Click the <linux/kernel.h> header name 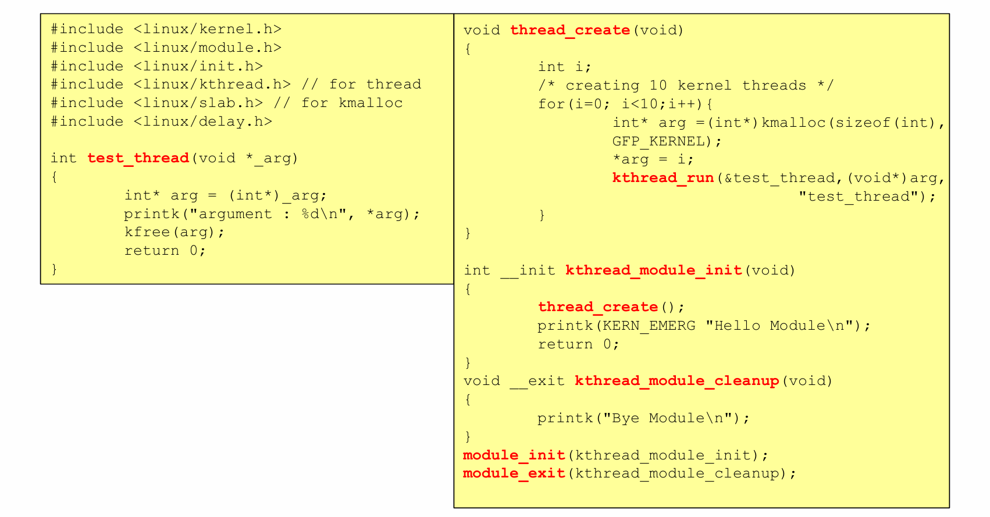(x=207, y=29)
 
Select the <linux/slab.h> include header (x=198, y=103)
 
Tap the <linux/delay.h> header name (x=202, y=122)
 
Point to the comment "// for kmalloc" (x=338, y=103)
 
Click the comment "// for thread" (x=361, y=84)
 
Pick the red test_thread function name (x=138, y=158)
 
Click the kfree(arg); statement (x=174, y=232)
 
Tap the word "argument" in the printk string (x=235, y=214)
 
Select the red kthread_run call (x=663, y=178)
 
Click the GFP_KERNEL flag (x=658, y=141)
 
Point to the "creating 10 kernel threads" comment (x=686, y=85)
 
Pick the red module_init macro (x=514, y=455)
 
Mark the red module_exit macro (x=514, y=473)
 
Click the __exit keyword (x=537, y=381)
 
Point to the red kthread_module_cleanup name (x=676, y=381)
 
